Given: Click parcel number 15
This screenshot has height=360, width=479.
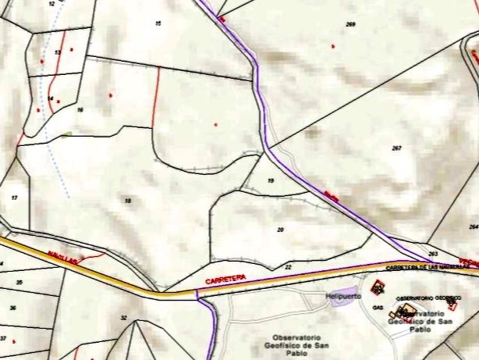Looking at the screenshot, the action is point(158,24).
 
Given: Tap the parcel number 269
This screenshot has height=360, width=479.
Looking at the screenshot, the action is point(350,25).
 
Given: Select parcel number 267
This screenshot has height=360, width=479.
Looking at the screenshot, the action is point(396,148).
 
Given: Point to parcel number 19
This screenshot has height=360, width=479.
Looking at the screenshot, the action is point(271,180).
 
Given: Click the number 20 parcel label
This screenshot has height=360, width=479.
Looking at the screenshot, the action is point(280,230).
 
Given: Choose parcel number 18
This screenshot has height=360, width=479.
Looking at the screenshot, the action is point(127,201).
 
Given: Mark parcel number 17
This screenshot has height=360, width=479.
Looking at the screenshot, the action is point(14,198).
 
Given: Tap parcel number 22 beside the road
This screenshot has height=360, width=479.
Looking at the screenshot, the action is point(288,267).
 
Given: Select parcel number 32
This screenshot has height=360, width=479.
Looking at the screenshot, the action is point(123,317).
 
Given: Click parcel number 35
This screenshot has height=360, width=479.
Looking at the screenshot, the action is point(20,282).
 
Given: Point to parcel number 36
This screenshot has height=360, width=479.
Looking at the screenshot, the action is point(12,308).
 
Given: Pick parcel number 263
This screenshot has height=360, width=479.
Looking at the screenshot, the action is point(433,254).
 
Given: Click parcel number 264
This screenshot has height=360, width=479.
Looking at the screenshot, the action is point(473,226).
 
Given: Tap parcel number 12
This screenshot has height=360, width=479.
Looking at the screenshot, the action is point(51,4).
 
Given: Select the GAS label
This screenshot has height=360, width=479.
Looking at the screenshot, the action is point(378,308).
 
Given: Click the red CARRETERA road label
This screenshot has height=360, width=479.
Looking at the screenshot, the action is point(225,278).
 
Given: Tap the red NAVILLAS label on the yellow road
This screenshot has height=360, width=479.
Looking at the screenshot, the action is point(62,257).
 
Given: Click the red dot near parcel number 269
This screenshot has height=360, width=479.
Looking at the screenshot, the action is point(333,46).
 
